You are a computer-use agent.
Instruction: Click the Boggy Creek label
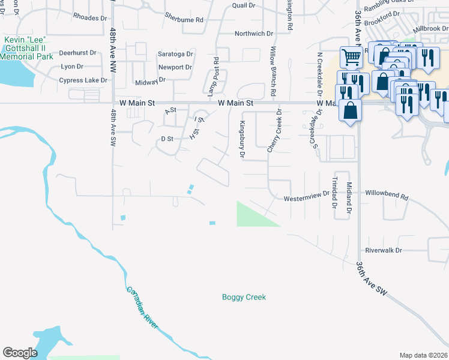(244, 297)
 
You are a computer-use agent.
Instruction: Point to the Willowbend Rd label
(387, 196)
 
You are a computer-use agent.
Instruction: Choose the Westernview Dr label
(307, 196)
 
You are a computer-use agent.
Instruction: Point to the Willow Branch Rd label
(273, 71)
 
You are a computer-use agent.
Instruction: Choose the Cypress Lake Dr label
(83, 80)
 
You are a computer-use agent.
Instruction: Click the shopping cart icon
(351, 58)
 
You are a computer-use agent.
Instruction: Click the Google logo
(20, 353)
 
